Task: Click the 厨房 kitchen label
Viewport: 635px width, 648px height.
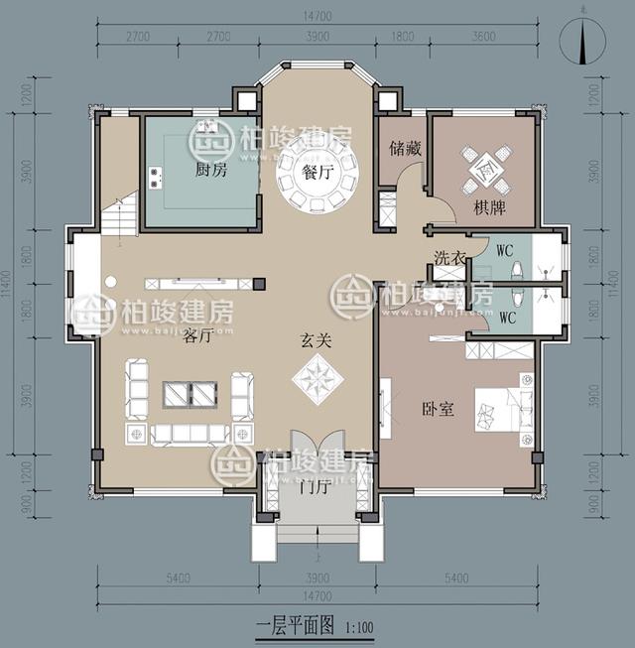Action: click(210, 170)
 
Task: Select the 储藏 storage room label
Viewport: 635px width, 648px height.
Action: click(406, 150)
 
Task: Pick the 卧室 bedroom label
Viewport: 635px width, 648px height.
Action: click(438, 408)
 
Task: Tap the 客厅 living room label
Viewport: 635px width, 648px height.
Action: click(197, 336)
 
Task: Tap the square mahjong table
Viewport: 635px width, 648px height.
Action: click(486, 170)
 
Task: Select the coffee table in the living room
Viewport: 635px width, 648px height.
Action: click(190, 394)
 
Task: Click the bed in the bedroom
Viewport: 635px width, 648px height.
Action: click(505, 407)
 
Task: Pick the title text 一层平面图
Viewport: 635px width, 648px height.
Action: click(295, 627)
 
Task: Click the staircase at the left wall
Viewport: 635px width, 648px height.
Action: click(117, 216)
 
